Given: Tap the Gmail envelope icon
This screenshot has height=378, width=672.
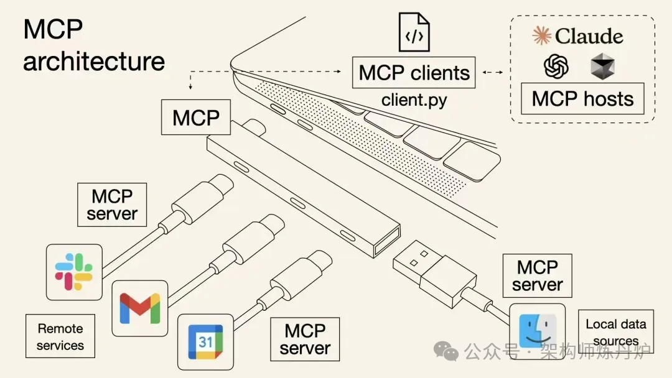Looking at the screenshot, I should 140,308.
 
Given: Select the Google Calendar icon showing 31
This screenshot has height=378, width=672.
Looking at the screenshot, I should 205,341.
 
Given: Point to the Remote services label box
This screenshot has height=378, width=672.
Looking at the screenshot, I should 60,336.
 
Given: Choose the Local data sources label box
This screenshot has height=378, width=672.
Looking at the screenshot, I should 616,332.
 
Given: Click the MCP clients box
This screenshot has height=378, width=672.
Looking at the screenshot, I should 414,73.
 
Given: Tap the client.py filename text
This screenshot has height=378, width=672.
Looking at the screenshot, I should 414,99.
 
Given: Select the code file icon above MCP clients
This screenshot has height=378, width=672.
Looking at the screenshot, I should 414,33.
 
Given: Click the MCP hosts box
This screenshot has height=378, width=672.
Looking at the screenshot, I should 582,99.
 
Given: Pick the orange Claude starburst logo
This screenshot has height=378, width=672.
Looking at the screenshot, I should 542,35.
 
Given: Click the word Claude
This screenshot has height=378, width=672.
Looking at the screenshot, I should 589,36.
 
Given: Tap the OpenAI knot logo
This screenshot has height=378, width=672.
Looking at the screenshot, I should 556,66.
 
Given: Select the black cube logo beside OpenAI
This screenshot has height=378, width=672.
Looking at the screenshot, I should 602,66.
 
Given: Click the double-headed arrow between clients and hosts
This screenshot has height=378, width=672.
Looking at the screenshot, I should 493,73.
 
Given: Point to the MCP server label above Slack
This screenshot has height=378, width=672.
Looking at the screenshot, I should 112,205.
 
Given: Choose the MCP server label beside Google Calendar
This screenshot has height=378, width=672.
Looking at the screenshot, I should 305,339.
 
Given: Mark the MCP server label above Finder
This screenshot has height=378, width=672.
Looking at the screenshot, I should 537,276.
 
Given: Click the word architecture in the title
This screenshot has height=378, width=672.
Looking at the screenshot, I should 94,61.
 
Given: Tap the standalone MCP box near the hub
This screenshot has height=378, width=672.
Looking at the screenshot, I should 196,118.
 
